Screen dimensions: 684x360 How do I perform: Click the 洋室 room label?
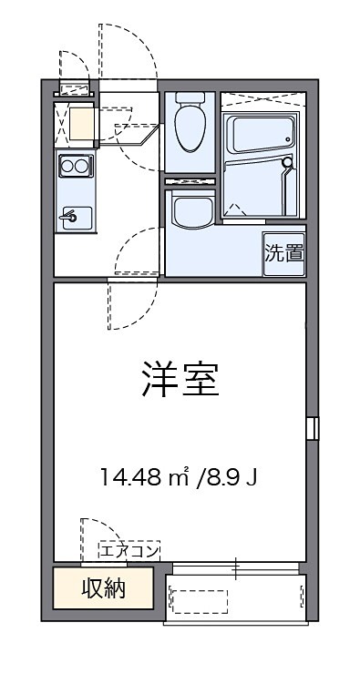click(180, 379)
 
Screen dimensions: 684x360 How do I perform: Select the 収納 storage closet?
click(103, 587)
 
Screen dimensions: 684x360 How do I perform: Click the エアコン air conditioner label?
click(129, 549)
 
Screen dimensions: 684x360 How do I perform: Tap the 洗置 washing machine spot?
click(284, 252)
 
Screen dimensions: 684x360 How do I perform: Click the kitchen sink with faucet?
click(75, 218)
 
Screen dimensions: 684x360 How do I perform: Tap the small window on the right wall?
click(313, 428)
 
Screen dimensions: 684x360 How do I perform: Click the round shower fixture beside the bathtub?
click(288, 165)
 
